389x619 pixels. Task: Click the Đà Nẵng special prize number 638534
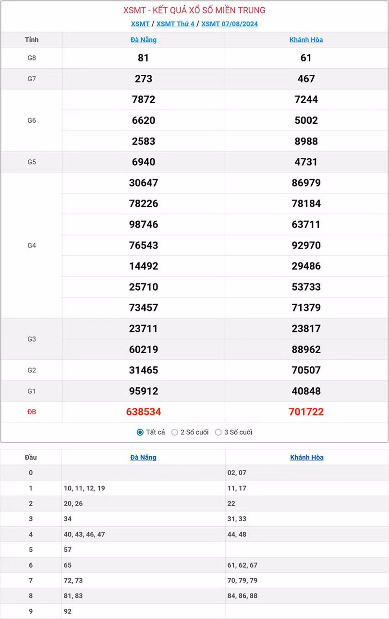(x=144, y=412)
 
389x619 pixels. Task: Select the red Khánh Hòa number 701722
(x=306, y=412)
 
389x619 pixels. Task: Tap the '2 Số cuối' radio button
(x=175, y=432)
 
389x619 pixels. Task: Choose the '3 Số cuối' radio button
(x=219, y=432)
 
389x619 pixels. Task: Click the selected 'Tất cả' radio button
(x=140, y=432)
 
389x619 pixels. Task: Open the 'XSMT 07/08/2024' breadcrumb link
(x=230, y=24)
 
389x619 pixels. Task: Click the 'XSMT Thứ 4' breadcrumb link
(x=175, y=24)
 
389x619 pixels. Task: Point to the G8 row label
(x=32, y=58)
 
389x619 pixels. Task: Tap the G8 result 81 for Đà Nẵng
(x=143, y=58)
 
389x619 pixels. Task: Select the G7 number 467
(x=306, y=79)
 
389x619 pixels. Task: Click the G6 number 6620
(x=143, y=120)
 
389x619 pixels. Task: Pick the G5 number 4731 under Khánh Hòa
(x=306, y=162)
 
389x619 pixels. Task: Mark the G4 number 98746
(x=143, y=225)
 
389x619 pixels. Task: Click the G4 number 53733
(x=306, y=287)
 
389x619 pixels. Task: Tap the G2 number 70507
(x=306, y=370)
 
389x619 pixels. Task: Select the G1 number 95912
(x=143, y=391)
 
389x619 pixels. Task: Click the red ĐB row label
(x=32, y=412)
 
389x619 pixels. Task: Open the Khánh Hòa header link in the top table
(x=306, y=40)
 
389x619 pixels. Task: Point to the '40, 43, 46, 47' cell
(x=84, y=534)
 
